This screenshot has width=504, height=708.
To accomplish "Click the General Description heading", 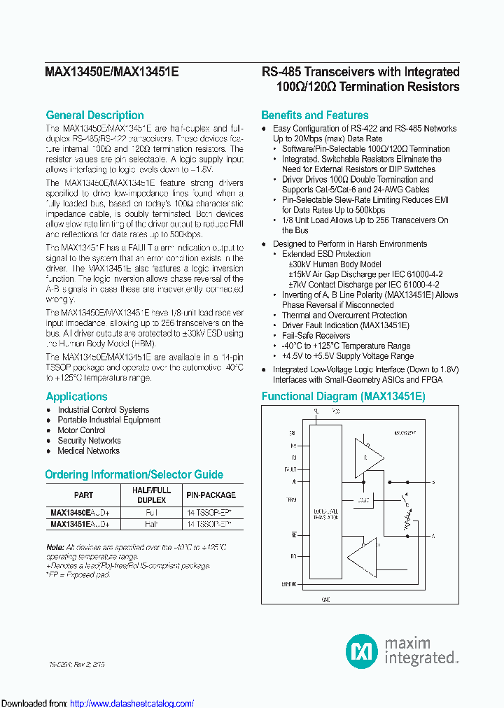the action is click(94, 115).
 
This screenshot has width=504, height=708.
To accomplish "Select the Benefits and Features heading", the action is click(314, 115).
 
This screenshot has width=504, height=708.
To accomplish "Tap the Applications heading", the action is click(76, 397).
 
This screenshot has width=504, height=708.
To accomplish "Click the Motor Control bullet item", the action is click(81, 430).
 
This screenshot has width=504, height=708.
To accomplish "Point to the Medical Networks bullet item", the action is click(89, 451).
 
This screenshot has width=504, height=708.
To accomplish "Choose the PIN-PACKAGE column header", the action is click(211, 495).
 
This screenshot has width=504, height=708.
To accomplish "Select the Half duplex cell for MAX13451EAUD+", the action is click(152, 524).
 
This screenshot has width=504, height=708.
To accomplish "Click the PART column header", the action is click(83, 495).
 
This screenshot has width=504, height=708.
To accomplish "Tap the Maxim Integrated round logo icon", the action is click(362, 651).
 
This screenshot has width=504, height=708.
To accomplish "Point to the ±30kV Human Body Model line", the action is click(335, 264).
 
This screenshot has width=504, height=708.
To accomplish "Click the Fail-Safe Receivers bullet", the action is click(316, 336).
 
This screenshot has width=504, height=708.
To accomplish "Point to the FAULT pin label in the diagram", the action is click(290, 469).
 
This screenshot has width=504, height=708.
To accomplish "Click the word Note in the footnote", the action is click(55, 546).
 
